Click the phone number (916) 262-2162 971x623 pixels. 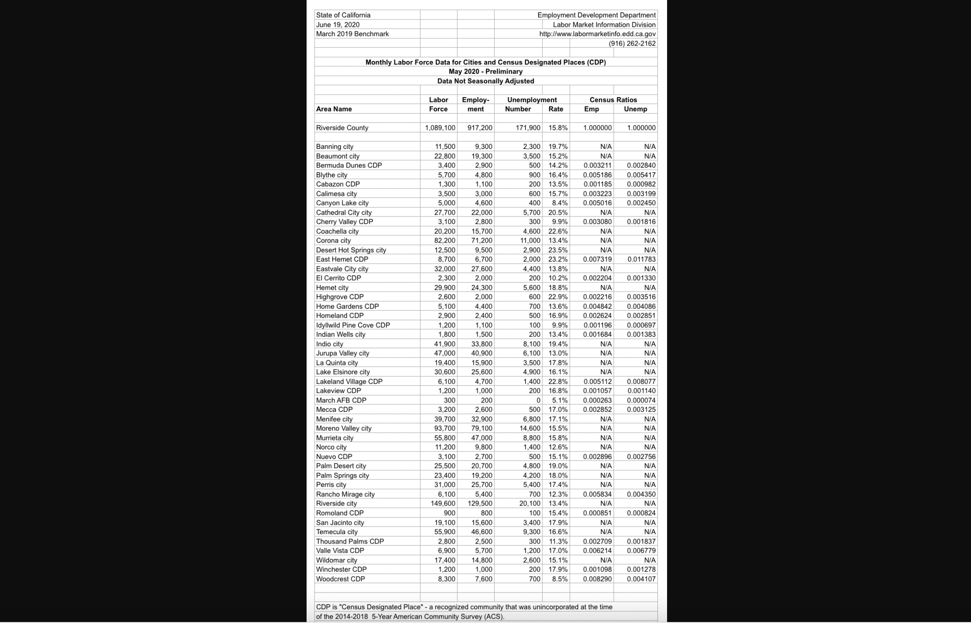tap(632, 43)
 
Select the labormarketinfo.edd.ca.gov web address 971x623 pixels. tap(597, 34)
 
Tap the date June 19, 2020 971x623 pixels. tap(338, 25)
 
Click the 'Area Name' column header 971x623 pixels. tap(334, 109)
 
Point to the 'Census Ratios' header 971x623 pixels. tap(613, 100)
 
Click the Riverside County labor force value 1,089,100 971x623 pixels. tap(440, 128)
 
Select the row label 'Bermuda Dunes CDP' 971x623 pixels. tap(349, 165)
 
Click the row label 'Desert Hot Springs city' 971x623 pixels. tap(351, 250)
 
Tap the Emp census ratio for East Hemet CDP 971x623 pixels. tap(597, 259)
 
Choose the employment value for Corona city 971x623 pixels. tap(482, 240)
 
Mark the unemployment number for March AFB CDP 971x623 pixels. tap(538, 400)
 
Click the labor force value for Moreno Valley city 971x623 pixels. tap(444, 428)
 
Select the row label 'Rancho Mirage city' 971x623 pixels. tap(345, 494)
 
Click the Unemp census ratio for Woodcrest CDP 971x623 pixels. tap(641, 579)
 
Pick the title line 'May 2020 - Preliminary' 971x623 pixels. tap(485, 72)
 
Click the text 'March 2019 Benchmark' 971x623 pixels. tap(352, 34)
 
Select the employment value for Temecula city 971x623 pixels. tap(482, 532)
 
